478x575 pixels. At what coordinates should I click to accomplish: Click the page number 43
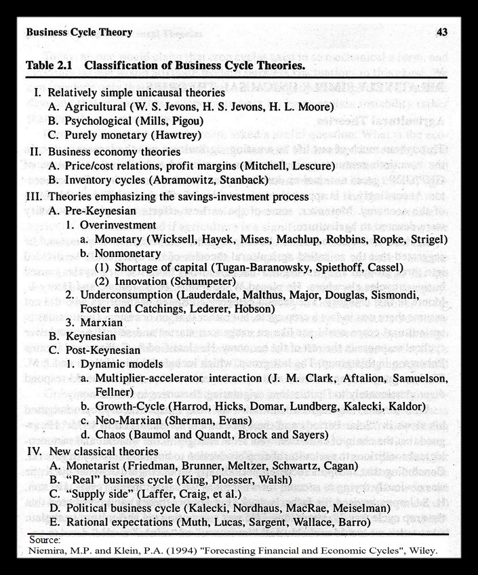tap(441, 33)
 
